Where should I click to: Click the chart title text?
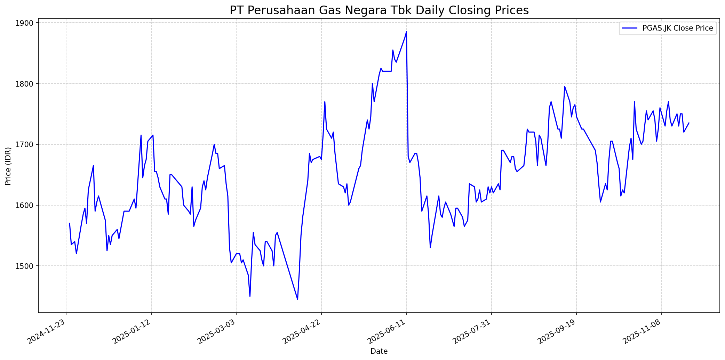[x=379, y=10]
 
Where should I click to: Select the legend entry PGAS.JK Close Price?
[x=677, y=28]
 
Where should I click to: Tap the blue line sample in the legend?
[x=630, y=28]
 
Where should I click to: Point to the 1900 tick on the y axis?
[x=26, y=23]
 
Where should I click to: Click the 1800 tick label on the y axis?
[x=26, y=84]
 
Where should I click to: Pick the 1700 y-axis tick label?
[x=26, y=144]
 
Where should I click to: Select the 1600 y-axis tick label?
[x=26, y=205]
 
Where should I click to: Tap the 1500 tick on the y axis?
[x=26, y=266]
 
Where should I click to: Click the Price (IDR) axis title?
[x=8, y=166]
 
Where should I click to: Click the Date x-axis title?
[x=379, y=351]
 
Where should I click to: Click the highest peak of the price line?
[x=406, y=32]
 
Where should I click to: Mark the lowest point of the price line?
[x=297, y=299]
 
